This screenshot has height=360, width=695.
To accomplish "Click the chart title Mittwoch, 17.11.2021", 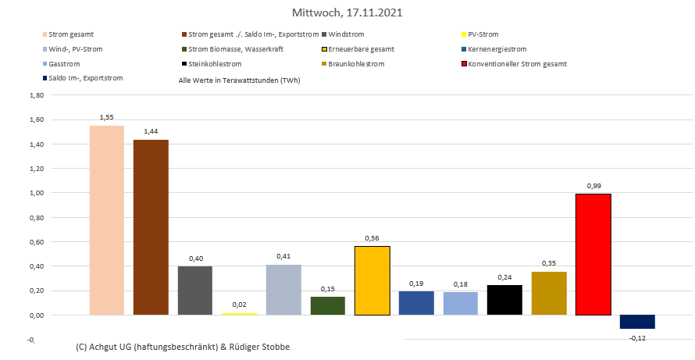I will click(347, 12).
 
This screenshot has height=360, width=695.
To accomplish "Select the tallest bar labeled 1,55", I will click(106, 220).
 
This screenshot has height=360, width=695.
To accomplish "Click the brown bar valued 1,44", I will click(151, 227).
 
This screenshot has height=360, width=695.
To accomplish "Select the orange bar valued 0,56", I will click(372, 281).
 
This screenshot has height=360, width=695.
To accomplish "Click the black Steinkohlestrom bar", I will click(505, 301).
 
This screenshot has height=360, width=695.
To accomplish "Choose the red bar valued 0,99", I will click(593, 255).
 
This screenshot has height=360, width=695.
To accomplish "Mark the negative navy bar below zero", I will click(637, 322).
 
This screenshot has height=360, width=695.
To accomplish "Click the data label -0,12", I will click(638, 337).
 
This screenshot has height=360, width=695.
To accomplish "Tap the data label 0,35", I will click(549, 264).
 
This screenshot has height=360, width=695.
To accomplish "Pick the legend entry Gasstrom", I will click(65, 64).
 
